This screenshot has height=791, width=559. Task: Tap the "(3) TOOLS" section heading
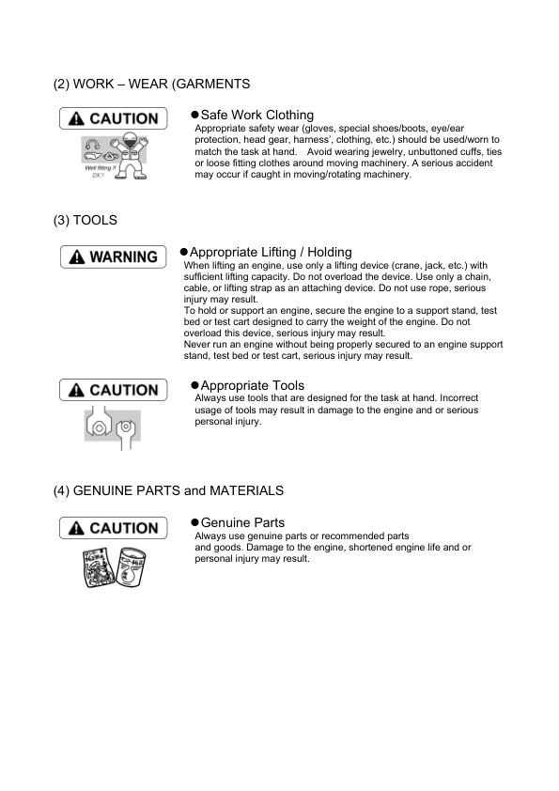coord(85,220)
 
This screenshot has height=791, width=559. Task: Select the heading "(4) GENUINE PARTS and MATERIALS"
coord(168,490)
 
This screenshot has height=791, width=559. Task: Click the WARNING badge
coord(112,256)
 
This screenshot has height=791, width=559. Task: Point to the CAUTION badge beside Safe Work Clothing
coord(113,119)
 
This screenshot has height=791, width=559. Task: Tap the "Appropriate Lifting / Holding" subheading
coord(271,252)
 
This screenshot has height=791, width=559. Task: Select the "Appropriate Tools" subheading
coord(253,385)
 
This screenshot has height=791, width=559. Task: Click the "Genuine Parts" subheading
coord(242,522)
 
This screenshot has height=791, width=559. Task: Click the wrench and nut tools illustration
coord(113,428)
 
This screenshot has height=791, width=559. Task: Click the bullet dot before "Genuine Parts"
coord(194,522)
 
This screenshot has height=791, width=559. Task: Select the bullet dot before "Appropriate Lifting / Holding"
coord(183,252)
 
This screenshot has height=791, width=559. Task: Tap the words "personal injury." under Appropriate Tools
coord(228,422)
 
